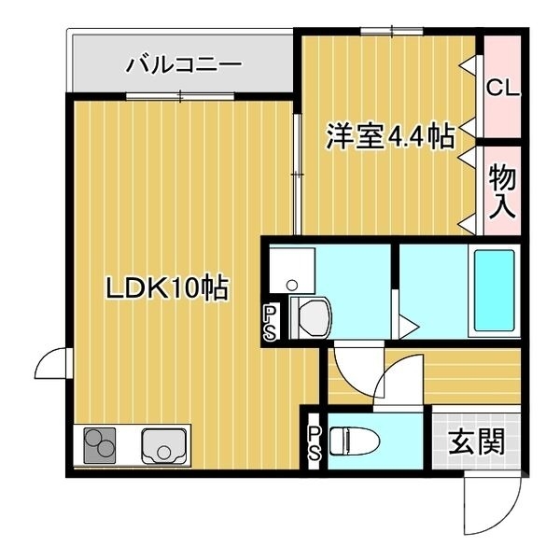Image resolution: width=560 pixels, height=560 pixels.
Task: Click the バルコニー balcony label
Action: (x=185, y=64)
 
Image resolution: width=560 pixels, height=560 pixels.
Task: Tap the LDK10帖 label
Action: (x=166, y=289)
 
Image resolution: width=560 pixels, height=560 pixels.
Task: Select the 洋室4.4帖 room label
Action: (x=390, y=137)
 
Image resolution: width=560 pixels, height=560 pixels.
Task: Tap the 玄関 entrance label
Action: (x=476, y=441)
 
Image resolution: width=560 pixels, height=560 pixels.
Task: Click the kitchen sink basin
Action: (x=165, y=446)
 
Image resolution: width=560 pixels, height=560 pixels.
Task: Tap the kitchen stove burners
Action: (x=99, y=445)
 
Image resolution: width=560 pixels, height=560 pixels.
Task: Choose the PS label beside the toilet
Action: (x=314, y=443)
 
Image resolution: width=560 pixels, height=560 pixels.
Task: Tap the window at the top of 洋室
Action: (x=388, y=33)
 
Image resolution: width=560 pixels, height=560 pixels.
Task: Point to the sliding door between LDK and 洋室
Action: (x=297, y=174)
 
